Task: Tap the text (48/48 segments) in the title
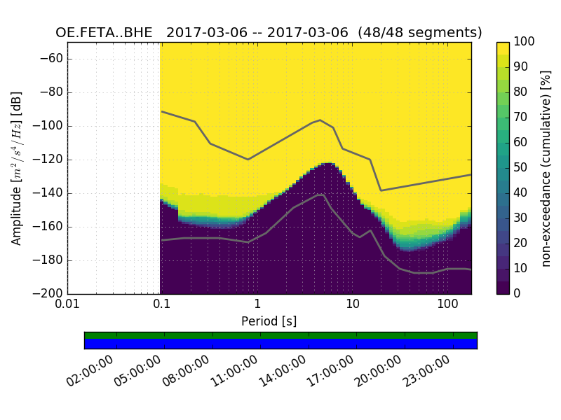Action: [x=419, y=33]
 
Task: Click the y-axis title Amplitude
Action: [x=17, y=168]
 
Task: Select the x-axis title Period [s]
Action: [x=269, y=321]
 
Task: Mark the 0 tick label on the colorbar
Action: [x=518, y=293]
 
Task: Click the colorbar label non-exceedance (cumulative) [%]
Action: [x=547, y=168]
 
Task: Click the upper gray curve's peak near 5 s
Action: [x=320, y=120]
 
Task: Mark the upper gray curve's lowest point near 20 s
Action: [x=381, y=190]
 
